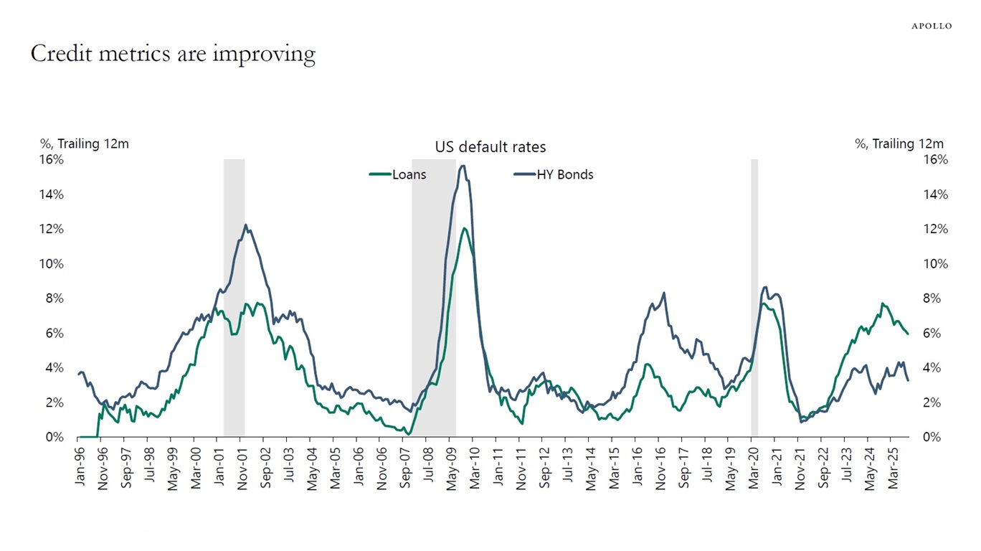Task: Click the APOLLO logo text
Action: click(x=932, y=26)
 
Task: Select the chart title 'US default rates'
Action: click(x=490, y=147)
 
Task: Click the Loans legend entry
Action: click(x=399, y=174)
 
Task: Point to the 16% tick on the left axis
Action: click(x=51, y=159)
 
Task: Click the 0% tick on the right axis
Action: click(x=931, y=437)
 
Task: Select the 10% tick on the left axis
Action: click(x=51, y=263)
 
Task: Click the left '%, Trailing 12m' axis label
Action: click(x=85, y=143)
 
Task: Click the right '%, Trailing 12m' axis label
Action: click(x=899, y=143)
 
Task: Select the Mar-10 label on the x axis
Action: click(x=475, y=468)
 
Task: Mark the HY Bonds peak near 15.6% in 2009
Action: click(x=463, y=166)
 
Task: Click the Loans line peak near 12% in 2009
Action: click(x=465, y=228)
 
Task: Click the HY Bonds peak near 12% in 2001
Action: click(x=245, y=225)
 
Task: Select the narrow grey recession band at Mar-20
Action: click(x=754, y=298)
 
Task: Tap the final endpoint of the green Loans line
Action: click(x=908, y=334)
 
